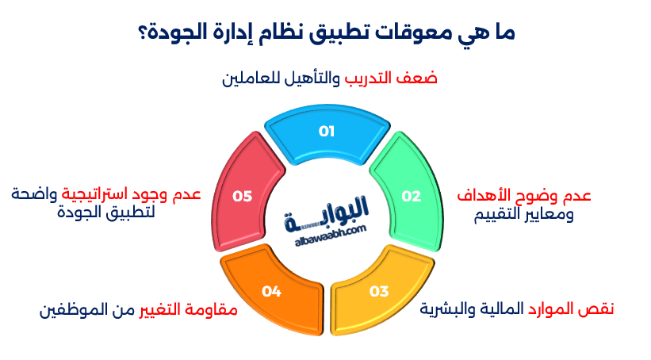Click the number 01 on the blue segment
pos(326,132)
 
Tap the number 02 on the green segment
pos(411,197)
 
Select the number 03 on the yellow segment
pos(379,291)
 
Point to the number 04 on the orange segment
pos(272,291)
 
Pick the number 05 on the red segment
pos(242,197)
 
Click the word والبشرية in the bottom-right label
pos(448,309)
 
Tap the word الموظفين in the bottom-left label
pos(73,309)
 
